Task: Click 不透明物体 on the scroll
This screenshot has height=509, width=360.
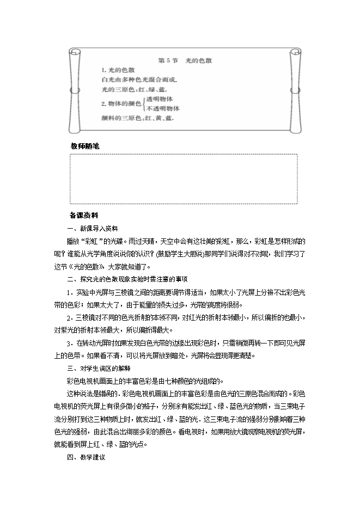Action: click(x=162, y=108)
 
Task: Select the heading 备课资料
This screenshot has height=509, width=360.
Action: click(x=84, y=215)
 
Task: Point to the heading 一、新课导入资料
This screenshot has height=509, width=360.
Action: click(x=91, y=228)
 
